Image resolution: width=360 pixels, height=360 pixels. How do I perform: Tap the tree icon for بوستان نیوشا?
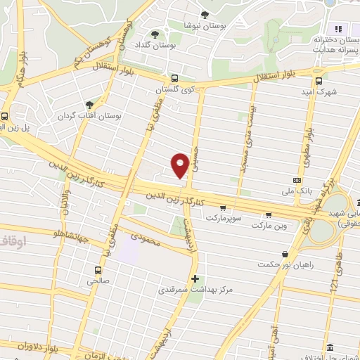pyautogui.click(x=205, y=14)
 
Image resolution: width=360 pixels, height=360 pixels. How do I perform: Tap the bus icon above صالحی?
pyautogui.click(x=96, y=269)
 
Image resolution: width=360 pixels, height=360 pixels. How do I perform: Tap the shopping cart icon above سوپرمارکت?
pyautogui.click(x=223, y=207)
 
